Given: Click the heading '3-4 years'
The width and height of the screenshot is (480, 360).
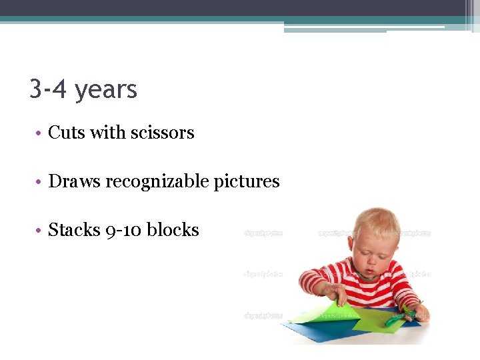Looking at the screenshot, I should point(83,89).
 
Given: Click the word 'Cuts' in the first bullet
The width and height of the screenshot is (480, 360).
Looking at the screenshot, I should point(67,133).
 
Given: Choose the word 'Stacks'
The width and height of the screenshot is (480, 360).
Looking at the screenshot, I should point(74,230).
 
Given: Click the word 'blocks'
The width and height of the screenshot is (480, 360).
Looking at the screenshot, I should point(173,230).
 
